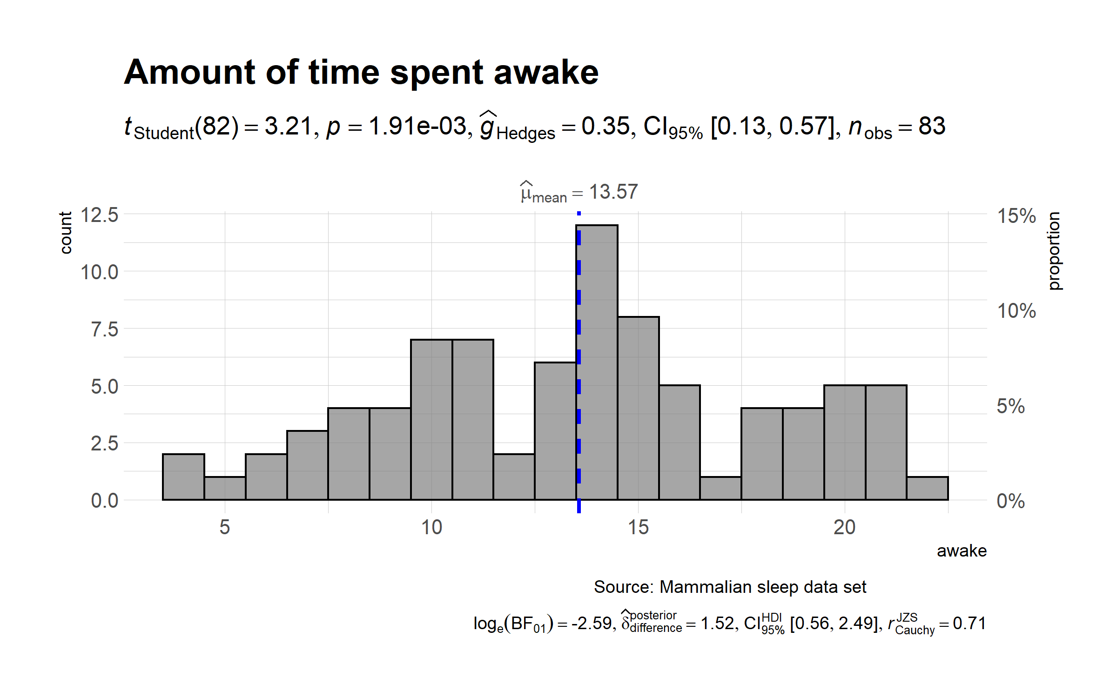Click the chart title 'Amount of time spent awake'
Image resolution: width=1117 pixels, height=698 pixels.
(x=361, y=73)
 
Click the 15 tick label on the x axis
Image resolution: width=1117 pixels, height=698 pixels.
(x=638, y=528)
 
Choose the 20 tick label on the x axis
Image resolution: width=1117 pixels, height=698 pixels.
(x=844, y=528)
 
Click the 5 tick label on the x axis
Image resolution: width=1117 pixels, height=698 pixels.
(x=225, y=528)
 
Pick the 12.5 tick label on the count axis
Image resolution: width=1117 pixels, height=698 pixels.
(x=100, y=215)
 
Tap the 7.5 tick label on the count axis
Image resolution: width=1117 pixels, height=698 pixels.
(x=105, y=329)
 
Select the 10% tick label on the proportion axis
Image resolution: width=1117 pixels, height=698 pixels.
(x=1016, y=311)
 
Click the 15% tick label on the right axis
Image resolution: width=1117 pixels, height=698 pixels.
(x=1016, y=216)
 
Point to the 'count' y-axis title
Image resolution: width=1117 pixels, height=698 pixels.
(x=66, y=233)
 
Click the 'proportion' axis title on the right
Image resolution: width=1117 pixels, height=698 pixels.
(x=1054, y=251)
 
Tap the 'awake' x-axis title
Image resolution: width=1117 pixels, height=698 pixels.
(x=962, y=551)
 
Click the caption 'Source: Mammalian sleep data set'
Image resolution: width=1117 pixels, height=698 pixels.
(x=730, y=587)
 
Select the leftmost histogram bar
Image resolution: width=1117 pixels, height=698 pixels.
(x=183, y=477)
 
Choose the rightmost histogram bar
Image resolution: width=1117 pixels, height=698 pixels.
(x=927, y=489)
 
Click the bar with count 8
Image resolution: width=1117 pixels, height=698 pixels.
(x=639, y=409)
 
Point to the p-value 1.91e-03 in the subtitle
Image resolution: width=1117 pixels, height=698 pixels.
(x=417, y=127)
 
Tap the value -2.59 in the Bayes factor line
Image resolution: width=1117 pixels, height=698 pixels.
(x=592, y=624)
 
